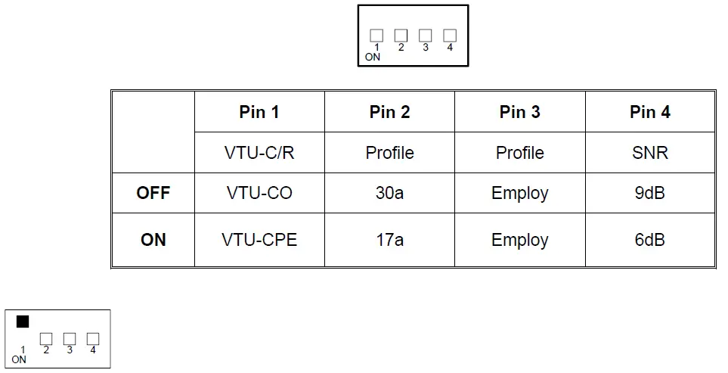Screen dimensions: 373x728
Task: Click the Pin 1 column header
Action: click(x=259, y=112)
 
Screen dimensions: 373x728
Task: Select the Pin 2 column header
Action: click(x=389, y=112)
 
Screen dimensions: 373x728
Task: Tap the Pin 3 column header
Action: click(x=519, y=112)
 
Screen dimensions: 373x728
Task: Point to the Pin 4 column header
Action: click(x=649, y=112)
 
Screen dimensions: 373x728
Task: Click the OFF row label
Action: click(x=153, y=193)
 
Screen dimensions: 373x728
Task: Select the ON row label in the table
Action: click(x=153, y=240)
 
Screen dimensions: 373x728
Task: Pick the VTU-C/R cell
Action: click(x=259, y=153)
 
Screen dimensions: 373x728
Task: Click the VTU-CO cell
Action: click(x=259, y=193)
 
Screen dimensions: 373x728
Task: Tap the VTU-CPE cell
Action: click(x=259, y=240)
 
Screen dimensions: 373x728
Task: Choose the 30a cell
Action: click(x=389, y=193)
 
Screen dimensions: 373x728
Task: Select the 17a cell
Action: click(x=389, y=240)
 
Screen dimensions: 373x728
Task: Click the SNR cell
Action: click(x=649, y=153)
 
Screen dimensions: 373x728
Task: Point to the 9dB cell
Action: click(x=649, y=193)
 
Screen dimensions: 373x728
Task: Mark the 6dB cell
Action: click(x=649, y=240)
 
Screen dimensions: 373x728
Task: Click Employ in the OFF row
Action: click(x=519, y=193)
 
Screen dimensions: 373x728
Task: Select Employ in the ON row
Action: click(x=519, y=240)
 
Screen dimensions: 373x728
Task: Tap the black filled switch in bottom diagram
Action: click(x=23, y=322)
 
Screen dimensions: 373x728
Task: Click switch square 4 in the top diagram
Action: click(x=450, y=36)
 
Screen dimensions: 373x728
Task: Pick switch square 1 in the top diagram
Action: click(x=376, y=36)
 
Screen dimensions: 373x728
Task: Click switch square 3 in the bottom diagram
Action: click(x=70, y=338)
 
